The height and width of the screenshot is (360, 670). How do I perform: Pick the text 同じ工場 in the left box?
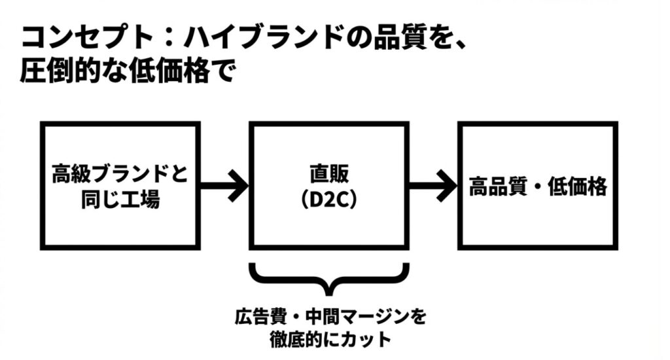120,200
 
